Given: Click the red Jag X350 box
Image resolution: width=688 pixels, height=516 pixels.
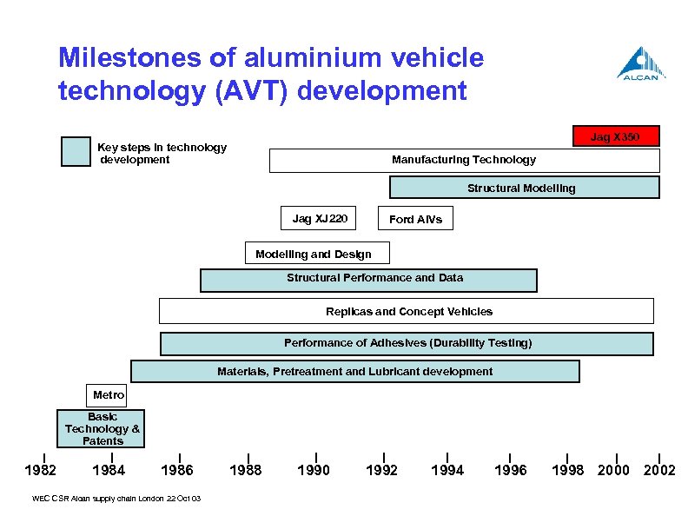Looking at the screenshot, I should click(x=616, y=136).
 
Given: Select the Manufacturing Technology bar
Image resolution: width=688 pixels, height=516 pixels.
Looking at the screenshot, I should click(x=464, y=160).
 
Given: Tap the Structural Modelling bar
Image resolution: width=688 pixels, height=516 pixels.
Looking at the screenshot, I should click(x=524, y=188).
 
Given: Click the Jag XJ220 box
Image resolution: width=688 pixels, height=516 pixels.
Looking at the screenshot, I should click(x=320, y=219).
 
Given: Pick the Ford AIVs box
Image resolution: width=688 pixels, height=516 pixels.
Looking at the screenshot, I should click(x=415, y=219).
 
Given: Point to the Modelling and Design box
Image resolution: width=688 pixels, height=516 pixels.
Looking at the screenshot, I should click(x=317, y=253).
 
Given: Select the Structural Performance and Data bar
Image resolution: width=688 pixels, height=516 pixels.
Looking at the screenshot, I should click(x=368, y=280).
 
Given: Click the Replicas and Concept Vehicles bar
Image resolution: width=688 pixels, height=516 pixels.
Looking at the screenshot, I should click(x=406, y=311).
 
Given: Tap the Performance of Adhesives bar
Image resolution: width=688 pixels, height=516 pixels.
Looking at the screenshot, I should click(x=407, y=343).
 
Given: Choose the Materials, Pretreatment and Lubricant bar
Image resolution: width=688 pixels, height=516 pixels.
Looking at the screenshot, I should click(x=354, y=372).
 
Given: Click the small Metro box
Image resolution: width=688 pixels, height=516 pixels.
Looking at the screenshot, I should click(x=109, y=395).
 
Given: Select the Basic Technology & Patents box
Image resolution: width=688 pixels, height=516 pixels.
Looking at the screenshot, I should click(x=102, y=429).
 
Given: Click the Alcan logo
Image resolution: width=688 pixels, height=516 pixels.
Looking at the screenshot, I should click(x=641, y=63).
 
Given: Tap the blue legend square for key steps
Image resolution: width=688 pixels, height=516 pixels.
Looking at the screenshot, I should click(x=76, y=152).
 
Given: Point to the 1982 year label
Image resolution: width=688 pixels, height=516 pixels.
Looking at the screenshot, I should click(x=40, y=470).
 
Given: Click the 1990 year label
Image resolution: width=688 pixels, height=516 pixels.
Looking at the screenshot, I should click(x=314, y=470).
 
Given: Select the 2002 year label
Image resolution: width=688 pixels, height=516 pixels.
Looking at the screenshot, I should click(x=659, y=470).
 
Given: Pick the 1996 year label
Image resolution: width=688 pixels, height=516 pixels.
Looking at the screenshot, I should click(x=510, y=470).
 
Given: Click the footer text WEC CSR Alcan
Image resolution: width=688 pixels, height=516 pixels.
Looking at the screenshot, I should click(x=116, y=499).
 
